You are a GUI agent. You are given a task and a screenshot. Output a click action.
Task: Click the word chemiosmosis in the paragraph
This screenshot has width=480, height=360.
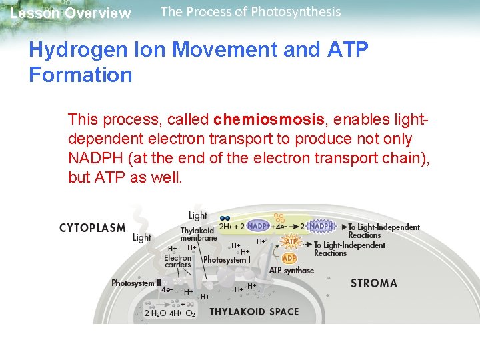pos(269,120)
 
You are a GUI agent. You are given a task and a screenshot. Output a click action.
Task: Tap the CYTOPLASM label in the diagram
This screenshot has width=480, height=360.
pos(92,228)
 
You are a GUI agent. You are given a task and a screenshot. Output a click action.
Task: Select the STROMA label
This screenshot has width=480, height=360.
pos(373,283)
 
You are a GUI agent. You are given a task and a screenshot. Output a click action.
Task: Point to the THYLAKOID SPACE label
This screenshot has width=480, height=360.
pos(254,312)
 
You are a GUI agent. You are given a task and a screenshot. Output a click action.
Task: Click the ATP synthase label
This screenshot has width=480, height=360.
pos(291,271)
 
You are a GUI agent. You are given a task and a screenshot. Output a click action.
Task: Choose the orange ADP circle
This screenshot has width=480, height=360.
pos(289,258)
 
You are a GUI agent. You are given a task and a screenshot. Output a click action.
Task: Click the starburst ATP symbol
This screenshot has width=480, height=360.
pos(291,242)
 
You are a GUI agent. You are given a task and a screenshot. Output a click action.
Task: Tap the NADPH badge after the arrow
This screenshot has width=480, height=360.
pos(321,227)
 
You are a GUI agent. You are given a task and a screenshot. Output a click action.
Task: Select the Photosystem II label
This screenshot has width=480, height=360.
pos(136,283)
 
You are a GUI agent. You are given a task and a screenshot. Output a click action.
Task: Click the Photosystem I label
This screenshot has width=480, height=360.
pos(227,260)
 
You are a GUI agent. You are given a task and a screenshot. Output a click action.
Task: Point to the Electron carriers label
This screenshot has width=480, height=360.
pos(177,261)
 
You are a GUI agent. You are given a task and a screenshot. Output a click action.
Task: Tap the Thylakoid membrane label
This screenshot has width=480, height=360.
pos(199,234)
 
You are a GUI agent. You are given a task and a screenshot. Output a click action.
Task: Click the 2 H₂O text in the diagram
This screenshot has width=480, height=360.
pos(155,313)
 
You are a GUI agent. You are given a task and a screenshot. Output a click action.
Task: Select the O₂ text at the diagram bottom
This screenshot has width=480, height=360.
pos(190,313)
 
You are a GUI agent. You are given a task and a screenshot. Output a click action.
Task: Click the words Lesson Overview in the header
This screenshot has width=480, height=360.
pos(71,13)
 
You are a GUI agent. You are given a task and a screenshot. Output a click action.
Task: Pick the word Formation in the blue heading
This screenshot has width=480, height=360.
pos(81,75)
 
